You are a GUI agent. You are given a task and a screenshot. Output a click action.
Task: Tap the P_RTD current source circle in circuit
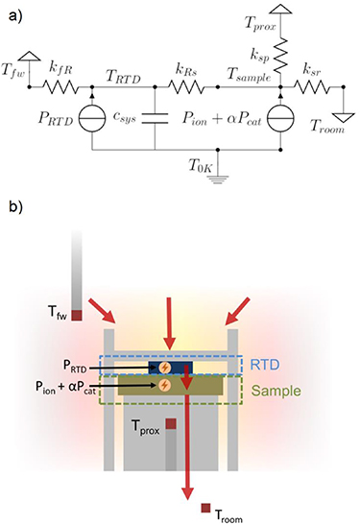pos(91,119)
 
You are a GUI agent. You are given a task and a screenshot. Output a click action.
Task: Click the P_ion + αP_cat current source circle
pos(279,119)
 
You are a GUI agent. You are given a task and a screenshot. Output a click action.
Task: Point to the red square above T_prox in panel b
pos(171,423)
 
